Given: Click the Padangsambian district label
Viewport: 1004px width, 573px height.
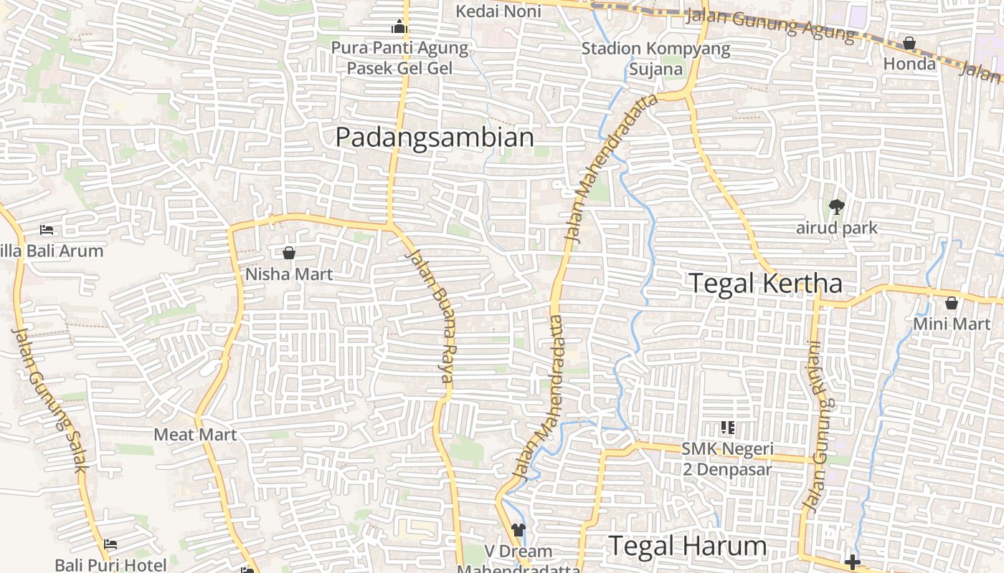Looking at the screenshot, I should pos(435,137).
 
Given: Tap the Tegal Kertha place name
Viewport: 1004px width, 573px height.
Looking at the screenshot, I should pos(765,283).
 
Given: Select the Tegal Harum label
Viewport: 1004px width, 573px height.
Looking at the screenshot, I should pos(688,546).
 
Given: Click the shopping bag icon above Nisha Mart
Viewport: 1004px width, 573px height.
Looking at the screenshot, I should pos(289,253).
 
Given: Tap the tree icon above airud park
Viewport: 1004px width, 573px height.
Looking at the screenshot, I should pos(836,207).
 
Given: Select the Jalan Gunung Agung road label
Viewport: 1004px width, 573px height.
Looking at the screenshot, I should pos(770,24).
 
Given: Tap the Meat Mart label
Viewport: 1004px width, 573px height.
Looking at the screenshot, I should pos(195,435).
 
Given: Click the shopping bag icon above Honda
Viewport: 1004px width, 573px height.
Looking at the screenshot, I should pos(909,43).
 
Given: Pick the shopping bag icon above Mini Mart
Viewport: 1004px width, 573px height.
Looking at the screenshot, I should pos(952,303).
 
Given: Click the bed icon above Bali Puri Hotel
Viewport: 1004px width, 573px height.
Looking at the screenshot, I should pos(110,544).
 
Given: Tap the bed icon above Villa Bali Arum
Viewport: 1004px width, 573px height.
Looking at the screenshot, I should pos(47,230).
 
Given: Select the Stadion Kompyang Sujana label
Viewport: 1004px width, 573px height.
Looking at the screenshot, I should pos(655,59).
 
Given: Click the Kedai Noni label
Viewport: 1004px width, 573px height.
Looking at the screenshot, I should pos(498,11).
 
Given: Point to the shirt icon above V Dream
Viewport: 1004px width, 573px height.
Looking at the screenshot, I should pos(518,530).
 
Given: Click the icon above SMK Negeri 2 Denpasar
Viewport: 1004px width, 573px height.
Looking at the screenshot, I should pos(728,428).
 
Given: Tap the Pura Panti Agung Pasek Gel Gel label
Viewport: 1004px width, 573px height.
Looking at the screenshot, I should pos(399,58).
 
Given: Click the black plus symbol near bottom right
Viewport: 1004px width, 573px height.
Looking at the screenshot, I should pos(852,562).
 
